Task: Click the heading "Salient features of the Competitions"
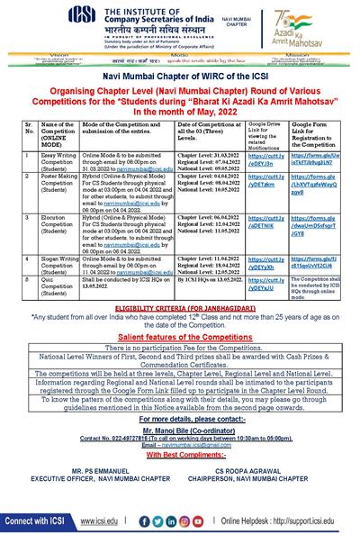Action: pos(180,335)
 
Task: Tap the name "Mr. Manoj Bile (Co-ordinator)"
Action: pos(180,431)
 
